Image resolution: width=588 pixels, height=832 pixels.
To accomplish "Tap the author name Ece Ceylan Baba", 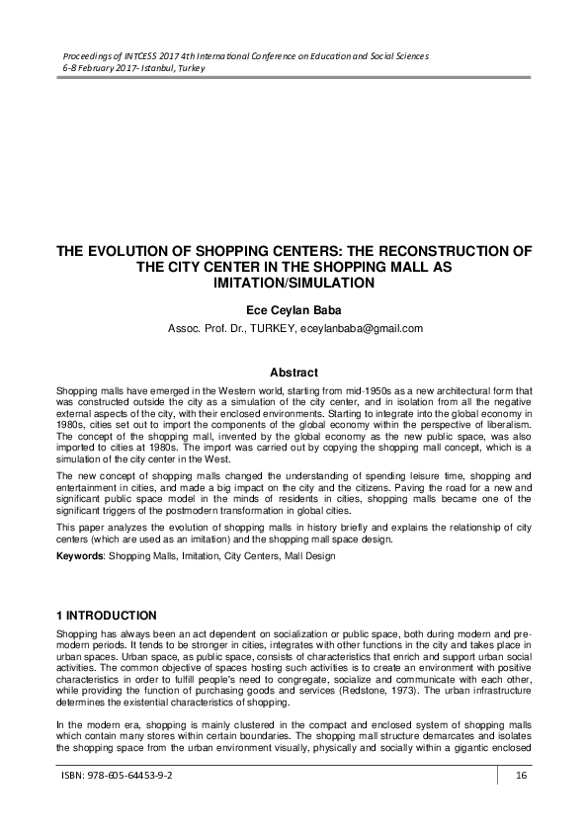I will coord(294,309).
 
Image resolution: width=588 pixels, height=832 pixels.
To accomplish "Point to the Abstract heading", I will coord(294,373).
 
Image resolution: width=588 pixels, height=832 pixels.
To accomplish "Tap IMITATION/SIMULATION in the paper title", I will coord(294,283).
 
